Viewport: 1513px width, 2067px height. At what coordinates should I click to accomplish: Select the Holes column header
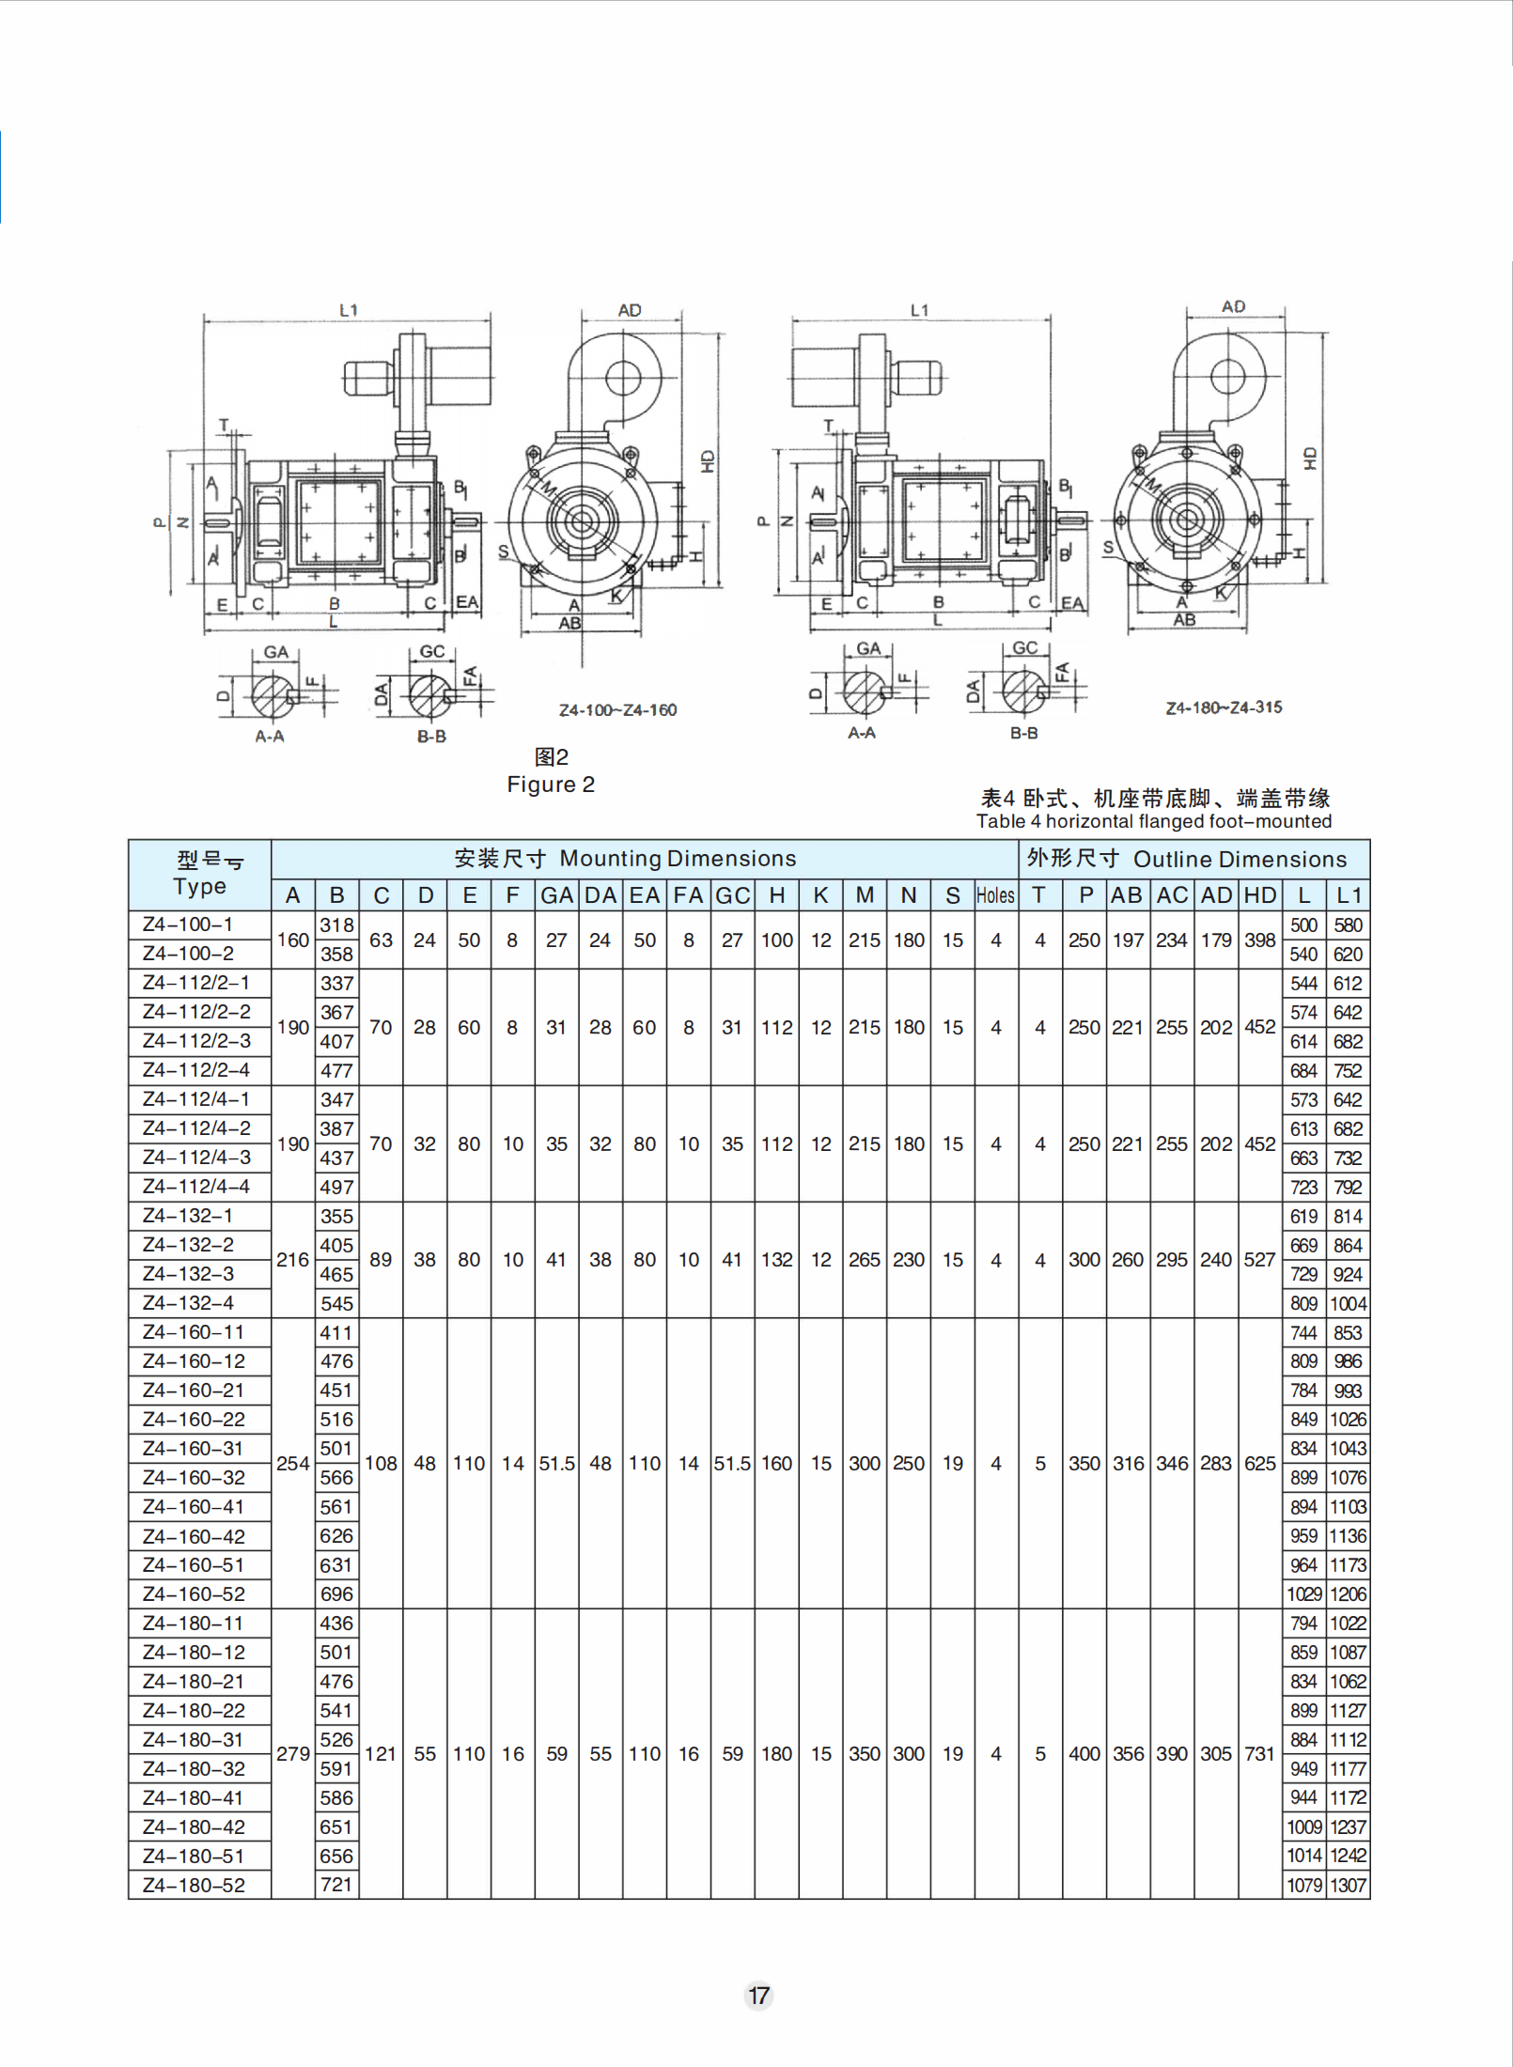click(995, 895)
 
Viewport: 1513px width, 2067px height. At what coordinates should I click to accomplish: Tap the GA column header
click(556, 895)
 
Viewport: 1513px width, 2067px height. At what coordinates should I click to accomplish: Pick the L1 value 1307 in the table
click(1348, 1885)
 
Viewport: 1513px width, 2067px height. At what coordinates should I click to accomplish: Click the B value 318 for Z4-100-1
click(336, 925)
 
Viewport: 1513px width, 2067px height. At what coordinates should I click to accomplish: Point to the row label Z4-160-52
click(194, 1594)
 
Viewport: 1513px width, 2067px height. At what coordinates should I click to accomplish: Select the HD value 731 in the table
click(1259, 1753)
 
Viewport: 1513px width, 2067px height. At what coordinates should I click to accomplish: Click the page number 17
click(758, 1996)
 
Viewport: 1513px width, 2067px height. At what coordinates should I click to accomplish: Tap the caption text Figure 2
click(551, 785)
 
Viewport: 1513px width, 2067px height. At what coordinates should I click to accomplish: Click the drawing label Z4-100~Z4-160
click(617, 710)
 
